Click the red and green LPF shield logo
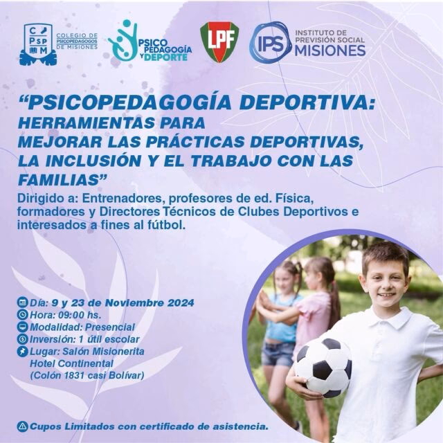coord(219,41)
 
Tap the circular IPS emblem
coord(270,42)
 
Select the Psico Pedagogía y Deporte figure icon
coord(122,40)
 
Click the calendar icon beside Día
coord(23,302)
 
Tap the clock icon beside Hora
coord(23,315)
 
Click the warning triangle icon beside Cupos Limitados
coord(23,426)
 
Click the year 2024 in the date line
coord(178,302)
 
